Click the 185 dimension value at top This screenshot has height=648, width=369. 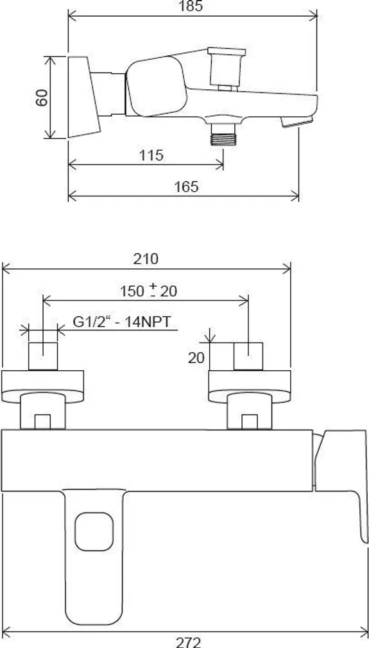191,6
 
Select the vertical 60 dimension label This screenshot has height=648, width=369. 42,97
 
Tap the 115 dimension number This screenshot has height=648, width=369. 150,155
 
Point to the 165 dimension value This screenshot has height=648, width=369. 185,187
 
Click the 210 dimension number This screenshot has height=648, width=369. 146,259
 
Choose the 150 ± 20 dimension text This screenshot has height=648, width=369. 148,291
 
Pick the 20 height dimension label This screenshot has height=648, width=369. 196,357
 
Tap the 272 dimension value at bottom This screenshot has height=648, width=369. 188,641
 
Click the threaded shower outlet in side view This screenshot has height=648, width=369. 224,133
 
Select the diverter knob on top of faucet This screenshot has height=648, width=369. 223,65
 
